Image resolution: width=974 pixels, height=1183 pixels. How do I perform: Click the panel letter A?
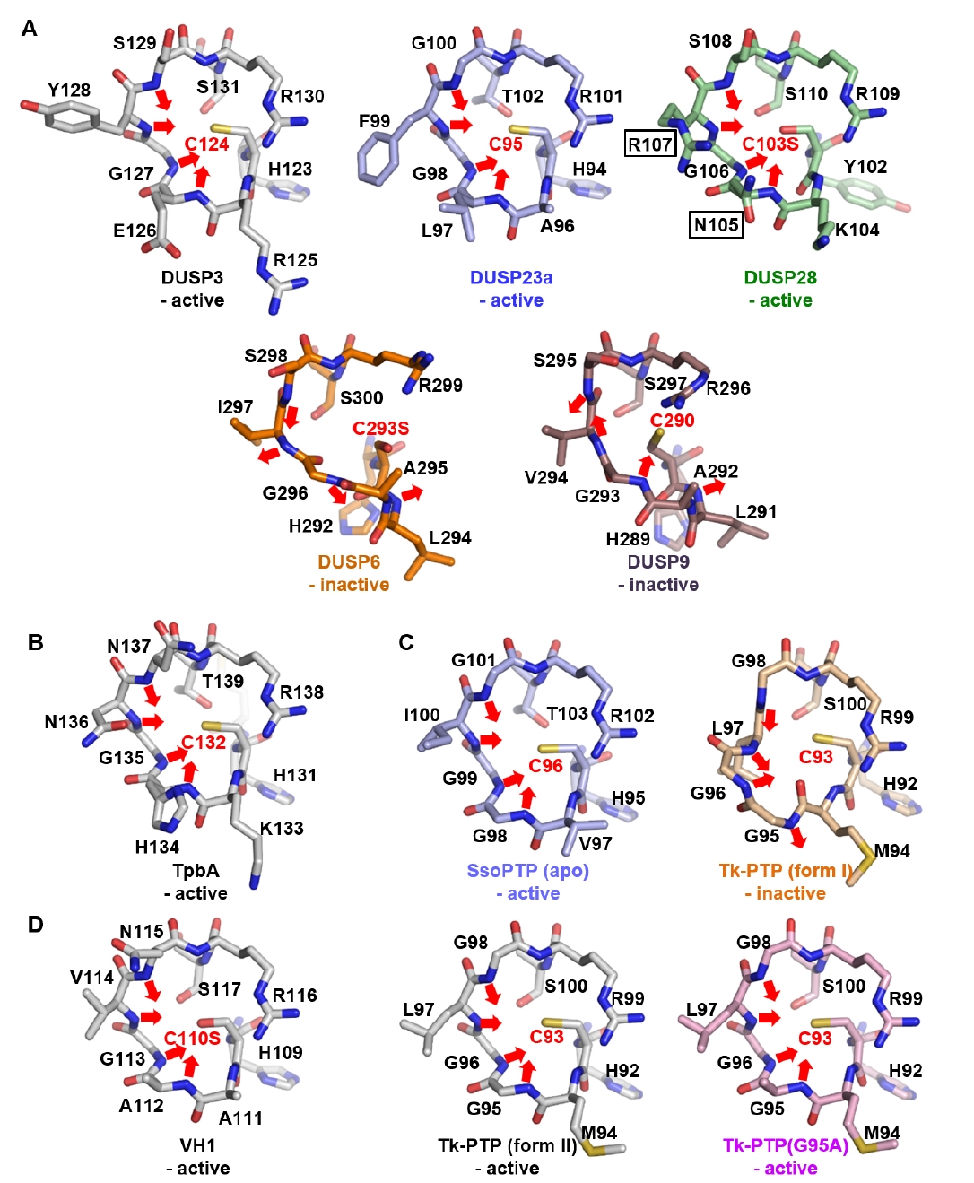[30, 29]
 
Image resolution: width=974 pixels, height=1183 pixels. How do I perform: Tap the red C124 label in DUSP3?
[206, 144]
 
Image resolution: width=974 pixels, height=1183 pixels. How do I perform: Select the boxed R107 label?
[650, 144]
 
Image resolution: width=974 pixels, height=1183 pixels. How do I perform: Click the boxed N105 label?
[717, 224]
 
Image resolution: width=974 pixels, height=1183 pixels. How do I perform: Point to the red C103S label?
[770, 144]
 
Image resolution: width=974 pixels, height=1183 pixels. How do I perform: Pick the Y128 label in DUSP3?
[69, 90]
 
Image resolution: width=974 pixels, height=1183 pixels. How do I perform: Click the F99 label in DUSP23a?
[374, 120]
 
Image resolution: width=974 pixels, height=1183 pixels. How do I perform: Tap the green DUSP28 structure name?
[780, 277]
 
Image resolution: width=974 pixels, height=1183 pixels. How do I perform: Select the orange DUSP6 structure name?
[349, 561]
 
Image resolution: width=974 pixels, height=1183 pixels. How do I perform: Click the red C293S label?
[380, 428]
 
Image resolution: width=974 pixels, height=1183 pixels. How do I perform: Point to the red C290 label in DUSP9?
[672, 420]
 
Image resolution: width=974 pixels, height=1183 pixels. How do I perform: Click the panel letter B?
[36, 642]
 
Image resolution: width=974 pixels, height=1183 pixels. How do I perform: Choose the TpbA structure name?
[196, 870]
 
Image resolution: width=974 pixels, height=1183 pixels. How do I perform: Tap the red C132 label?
[204, 742]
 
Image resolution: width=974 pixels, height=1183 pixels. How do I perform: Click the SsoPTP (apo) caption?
[527, 870]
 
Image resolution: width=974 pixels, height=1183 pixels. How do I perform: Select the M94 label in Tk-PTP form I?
[891, 850]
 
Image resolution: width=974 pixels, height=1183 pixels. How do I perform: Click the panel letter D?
[36, 924]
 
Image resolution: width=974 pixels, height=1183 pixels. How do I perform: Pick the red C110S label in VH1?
[192, 1038]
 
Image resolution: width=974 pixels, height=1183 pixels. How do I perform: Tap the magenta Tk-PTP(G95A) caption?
[786, 1145]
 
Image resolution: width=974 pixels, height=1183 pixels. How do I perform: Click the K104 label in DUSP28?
[857, 230]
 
